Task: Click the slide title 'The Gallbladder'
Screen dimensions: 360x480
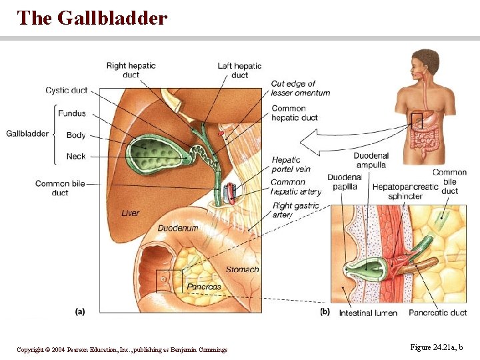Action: [92, 18]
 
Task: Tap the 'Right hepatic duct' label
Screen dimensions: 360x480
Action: [131, 70]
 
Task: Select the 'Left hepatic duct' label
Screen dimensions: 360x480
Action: [239, 70]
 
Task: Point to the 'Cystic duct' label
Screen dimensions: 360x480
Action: [67, 91]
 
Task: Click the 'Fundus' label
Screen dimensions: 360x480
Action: [72, 113]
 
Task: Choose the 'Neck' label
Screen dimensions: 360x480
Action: [76, 157]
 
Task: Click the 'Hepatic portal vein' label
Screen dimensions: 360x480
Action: [291, 165]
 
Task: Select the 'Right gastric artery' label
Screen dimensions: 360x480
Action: [296, 210]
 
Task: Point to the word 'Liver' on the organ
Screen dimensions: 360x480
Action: [131, 213]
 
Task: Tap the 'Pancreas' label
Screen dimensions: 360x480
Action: [204, 287]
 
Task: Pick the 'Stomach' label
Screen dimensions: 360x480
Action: [242, 270]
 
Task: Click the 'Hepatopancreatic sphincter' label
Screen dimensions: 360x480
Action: [405, 191]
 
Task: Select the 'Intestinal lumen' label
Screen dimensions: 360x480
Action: [368, 313]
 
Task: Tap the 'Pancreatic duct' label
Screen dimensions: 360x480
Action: [438, 313]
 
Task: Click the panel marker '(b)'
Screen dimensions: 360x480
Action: [325, 311]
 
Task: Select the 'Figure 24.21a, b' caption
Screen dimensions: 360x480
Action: [436, 347]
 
